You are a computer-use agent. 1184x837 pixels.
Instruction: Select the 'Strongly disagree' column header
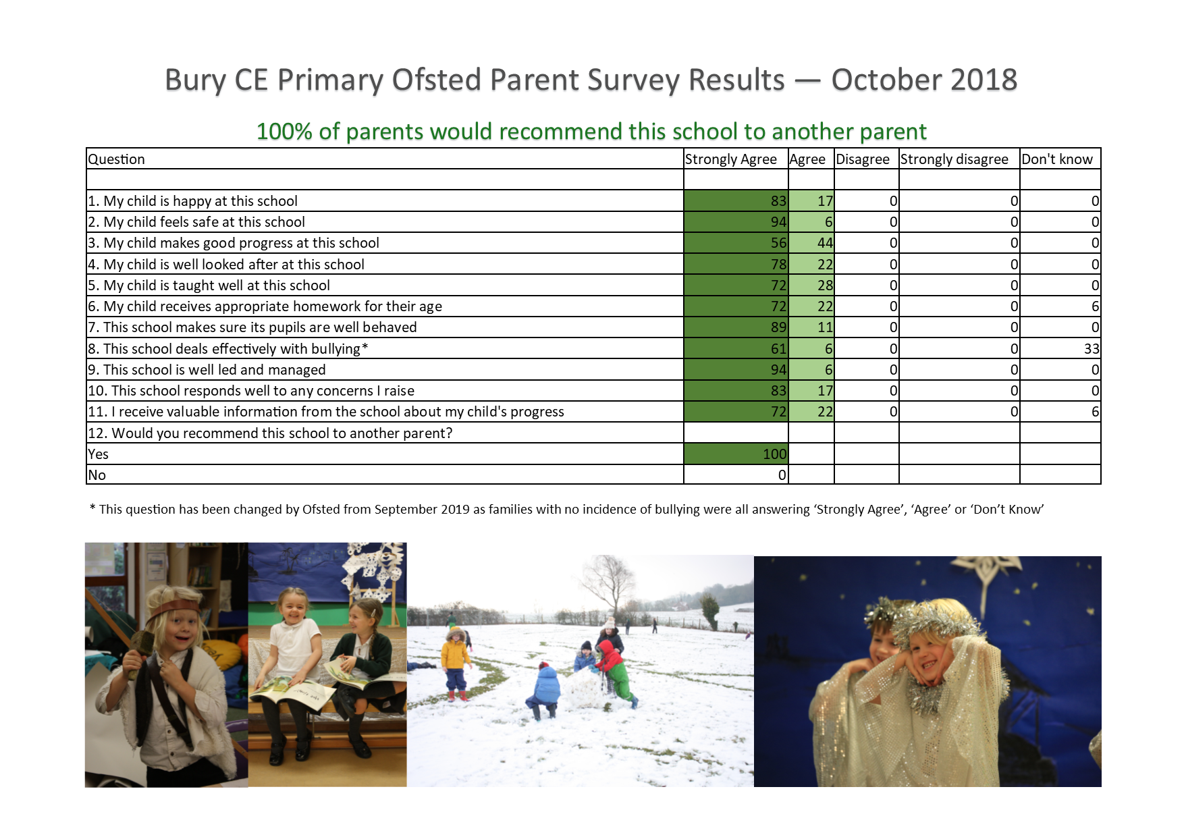pyautogui.click(x=954, y=159)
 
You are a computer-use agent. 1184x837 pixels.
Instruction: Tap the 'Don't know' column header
pyautogui.click(x=1056, y=159)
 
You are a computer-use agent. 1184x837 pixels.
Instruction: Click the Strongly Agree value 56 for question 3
pyautogui.click(x=778, y=243)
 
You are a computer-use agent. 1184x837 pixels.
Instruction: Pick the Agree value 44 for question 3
pyautogui.click(x=825, y=243)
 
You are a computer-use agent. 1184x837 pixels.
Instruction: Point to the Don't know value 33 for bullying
pyautogui.click(x=1092, y=349)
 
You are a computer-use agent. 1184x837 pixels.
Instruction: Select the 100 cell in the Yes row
pyautogui.click(x=774, y=454)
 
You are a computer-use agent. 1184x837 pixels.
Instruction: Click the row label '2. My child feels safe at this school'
pyautogui.click(x=196, y=222)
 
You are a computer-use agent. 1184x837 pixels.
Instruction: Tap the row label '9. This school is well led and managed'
pyautogui.click(x=207, y=370)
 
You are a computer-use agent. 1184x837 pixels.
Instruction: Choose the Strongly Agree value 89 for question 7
pyautogui.click(x=778, y=327)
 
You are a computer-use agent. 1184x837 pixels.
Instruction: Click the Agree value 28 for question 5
pyautogui.click(x=825, y=286)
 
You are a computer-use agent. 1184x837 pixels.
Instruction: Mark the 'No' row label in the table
pyautogui.click(x=97, y=475)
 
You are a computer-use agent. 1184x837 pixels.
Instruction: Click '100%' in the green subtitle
pyautogui.click(x=284, y=131)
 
